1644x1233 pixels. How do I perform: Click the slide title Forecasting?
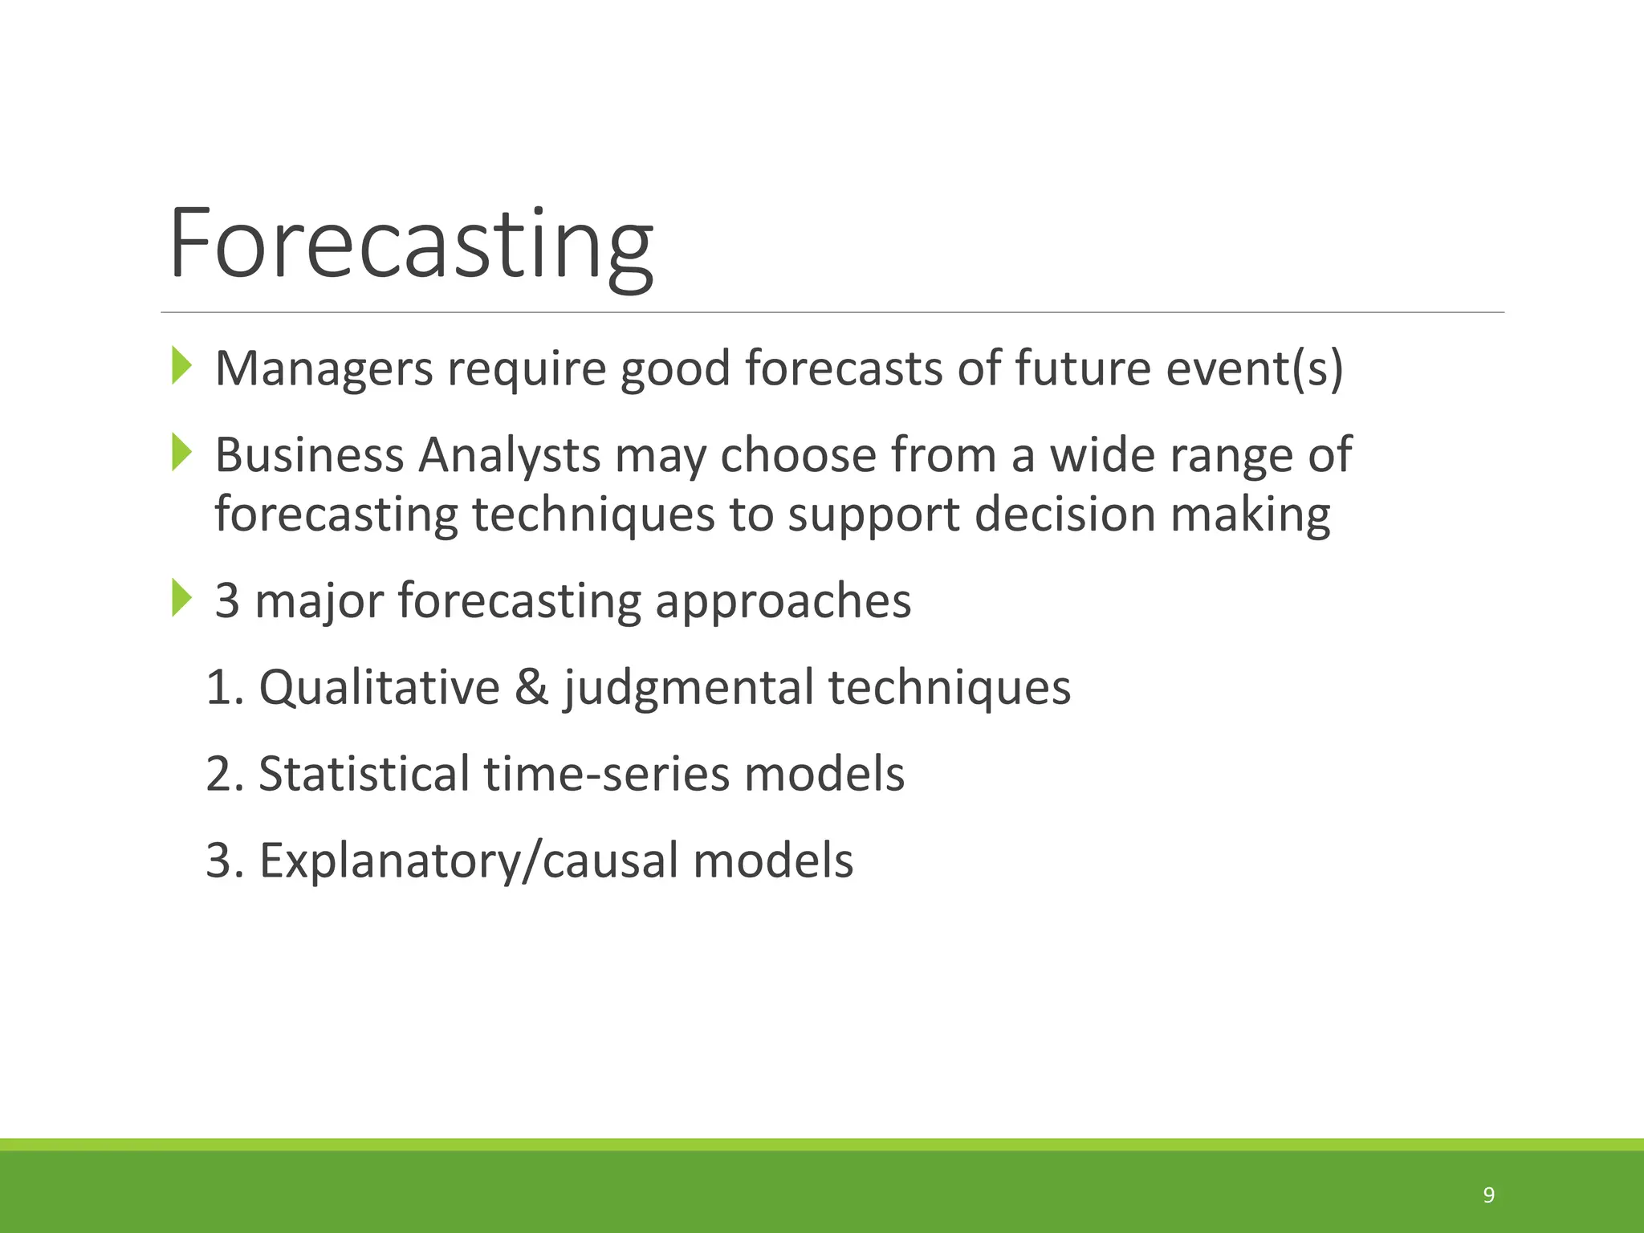coord(411,245)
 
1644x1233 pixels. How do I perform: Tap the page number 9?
coord(1488,1195)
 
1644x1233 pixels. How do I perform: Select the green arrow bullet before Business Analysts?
coord(182,453)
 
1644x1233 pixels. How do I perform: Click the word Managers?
coord(324,369)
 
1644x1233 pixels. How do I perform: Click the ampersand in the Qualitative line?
coord(531,688)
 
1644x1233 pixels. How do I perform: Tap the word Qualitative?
coord(379,688)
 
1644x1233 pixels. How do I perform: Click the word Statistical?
coord(364,774)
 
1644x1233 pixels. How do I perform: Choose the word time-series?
coord(606,774)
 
